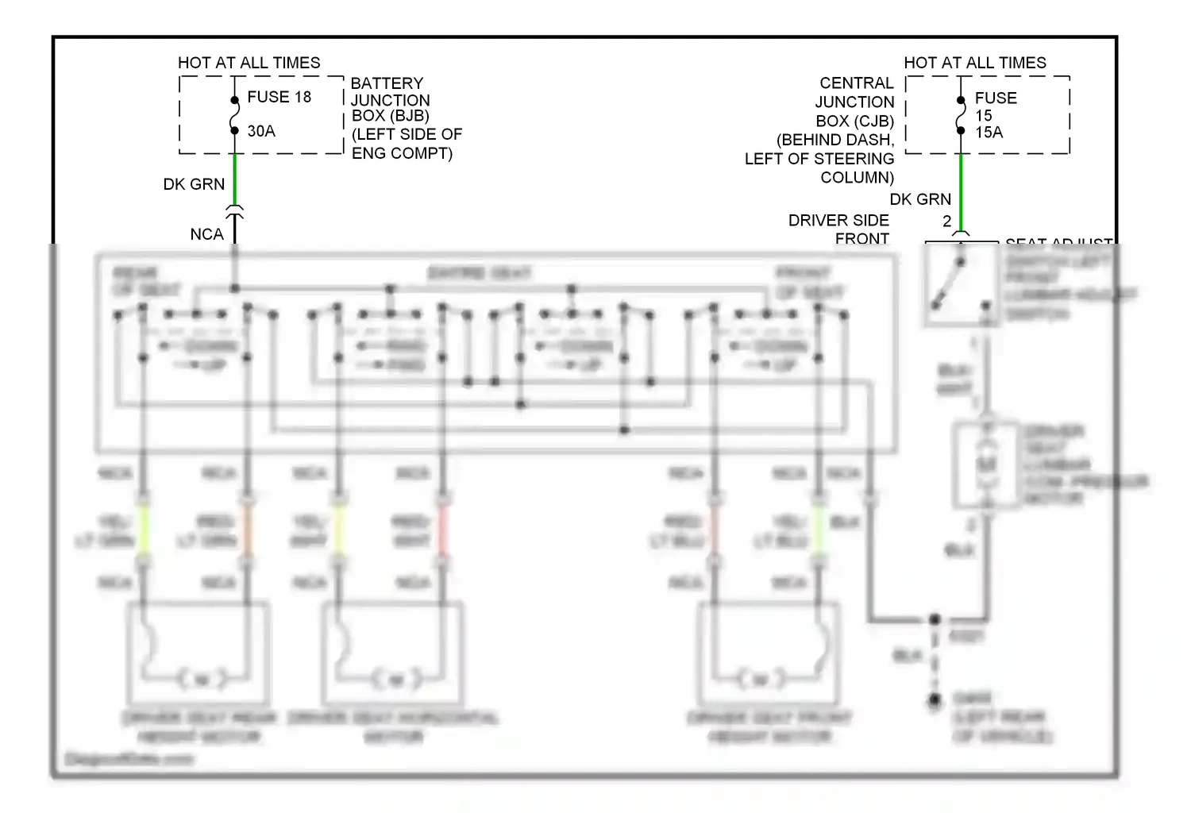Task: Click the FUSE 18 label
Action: pyautogui.click(x=279, y=97)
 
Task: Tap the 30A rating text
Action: pyautogui.click(x=261, y=131)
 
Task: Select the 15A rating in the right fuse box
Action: pyautogui.click(x=989, y=133)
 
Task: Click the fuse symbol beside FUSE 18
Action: pyautogui.click(x=234, y=115)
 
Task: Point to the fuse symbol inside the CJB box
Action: pyautogui.click(x=961, y=115)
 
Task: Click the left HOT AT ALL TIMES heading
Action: pyautogui.click(x=249, y=63)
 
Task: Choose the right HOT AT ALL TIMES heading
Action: pyautogui.click(x=974, y=63)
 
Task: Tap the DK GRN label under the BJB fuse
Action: pyautogui.click(x=194, y=184)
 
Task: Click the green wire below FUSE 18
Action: pyautogui.click(x=235, y=179)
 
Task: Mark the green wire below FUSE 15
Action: pyautogui.click(x=961, y=191)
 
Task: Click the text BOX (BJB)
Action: pyautogui.click(x=390, y=116)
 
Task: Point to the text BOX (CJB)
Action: pyautogui.click(x=854, y=121)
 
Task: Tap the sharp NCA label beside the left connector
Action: pyautogui.click(x=206, y=234)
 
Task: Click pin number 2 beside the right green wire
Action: pyautogui.click(x=946, y=222)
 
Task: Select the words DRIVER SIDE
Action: pyautogui.click(x=838, y=221)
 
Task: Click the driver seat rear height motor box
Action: pyautogui.click(x=198, y=648)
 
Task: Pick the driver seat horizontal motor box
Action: pyautogui.click(x=393, y=648)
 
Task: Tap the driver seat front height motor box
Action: pyautogui.click(x=769, y=648)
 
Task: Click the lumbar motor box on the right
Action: pyautogui.click(x=986, y=464)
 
